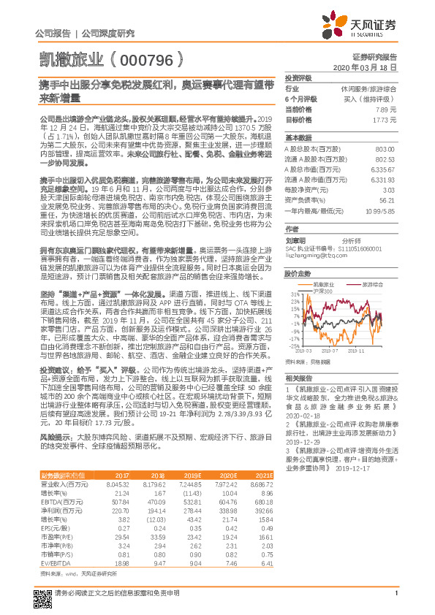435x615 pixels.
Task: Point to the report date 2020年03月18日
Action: [368, 66]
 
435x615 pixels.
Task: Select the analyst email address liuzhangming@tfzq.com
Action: [315, 235]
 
